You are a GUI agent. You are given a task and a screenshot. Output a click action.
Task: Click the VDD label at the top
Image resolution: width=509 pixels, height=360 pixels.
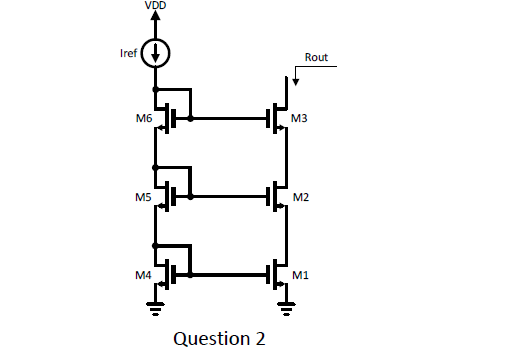point(155,6)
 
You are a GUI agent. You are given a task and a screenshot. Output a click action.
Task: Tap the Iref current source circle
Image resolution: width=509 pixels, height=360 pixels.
point(155,52)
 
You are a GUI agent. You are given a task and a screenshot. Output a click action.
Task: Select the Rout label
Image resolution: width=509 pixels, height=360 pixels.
point(316,58)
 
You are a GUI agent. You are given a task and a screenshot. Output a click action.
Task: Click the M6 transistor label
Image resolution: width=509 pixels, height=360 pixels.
point(142,119)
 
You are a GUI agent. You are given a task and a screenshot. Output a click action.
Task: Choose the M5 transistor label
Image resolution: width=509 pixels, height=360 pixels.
point(142,197)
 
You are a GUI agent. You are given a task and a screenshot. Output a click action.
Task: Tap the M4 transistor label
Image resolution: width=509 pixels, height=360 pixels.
point(142,274)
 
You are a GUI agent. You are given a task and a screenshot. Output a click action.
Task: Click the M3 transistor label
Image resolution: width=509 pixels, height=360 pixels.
point(299,119)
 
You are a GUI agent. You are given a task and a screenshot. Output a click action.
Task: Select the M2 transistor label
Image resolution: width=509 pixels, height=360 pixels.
point(299,197)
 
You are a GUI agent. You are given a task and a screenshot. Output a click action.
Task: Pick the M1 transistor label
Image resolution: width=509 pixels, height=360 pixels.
point(299,274)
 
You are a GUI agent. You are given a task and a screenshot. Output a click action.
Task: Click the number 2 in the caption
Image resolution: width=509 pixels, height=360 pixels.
point(259,338)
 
